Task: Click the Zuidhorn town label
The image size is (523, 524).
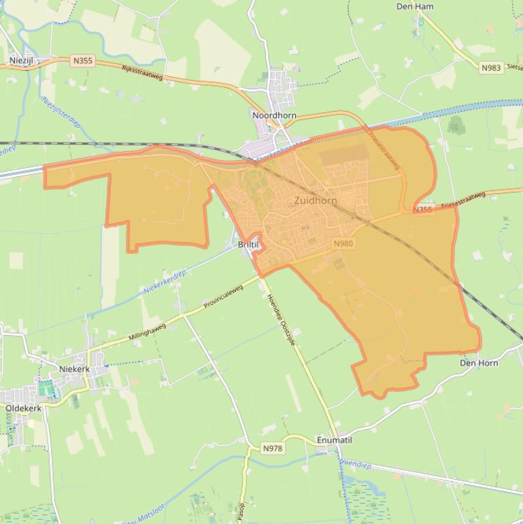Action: point(316,201)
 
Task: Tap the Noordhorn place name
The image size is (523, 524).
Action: point(274,116)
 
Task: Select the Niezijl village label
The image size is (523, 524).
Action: point(21,61)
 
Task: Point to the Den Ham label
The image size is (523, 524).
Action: point(415,7)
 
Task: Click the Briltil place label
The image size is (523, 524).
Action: point(248,244)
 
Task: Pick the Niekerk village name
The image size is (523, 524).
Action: point(74,369)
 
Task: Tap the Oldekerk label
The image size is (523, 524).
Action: point(23,408)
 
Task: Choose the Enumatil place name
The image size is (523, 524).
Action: point(335,440)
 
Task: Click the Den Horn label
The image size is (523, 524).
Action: point(479,363)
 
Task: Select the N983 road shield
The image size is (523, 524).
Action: point(490,67)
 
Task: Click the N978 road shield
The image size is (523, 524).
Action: point(272,448)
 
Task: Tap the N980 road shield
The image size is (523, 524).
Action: point(343,243)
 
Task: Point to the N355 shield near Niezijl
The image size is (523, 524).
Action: point(82,61)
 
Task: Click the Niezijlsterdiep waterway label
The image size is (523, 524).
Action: point(61,112)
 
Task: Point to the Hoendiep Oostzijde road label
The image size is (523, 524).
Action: point(281,320)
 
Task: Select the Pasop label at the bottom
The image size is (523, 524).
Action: point(241,512)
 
